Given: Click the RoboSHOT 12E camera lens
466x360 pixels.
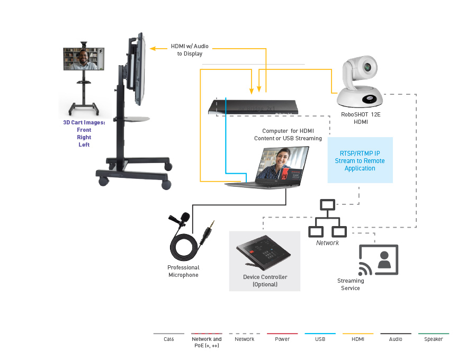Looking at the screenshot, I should pyautogui.click(x=368, y=67).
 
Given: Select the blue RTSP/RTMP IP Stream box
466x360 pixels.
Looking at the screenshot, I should pyautogui.click(x=360, y=160).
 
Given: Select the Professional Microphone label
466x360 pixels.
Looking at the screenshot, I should pyautogui.click(x=183, y=271).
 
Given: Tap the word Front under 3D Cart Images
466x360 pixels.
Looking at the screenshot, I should pyautogui.click(x=84, y=130).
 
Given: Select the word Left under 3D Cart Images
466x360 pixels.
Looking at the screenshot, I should pyautogui.click(x=84, y=145).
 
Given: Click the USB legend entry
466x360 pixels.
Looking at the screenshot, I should pyautogui.click(x=320, y=339).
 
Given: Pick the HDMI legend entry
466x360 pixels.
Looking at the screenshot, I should pyautogui.click(x=357, y=339).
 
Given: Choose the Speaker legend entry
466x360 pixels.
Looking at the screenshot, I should pyautogui.click(x=433, y=339).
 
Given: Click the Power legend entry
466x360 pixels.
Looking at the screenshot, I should pyautogui.click(x=282, y=339).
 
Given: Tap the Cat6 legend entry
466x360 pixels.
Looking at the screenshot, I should pyautogui.click(x=169, y=339).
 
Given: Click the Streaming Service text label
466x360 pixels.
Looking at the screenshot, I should pyautogui.click(x=351, y=284).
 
